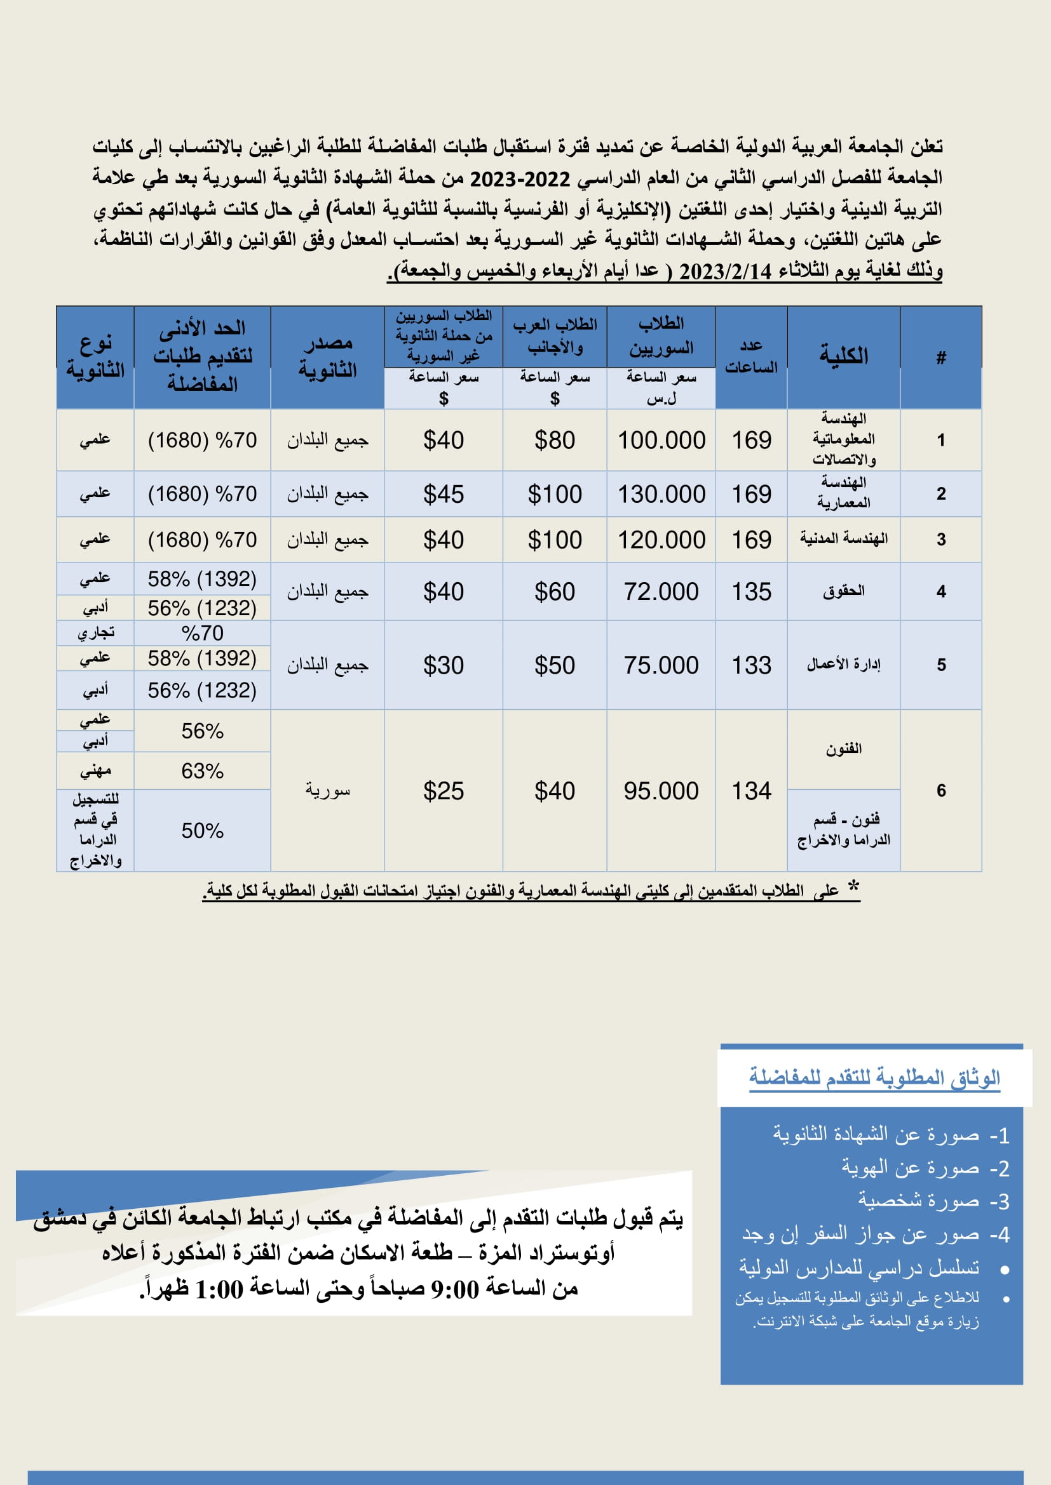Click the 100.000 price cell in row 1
661,441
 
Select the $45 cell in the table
444,494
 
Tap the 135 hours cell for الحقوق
750,592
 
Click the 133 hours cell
750,665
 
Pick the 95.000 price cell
661,791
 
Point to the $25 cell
444,791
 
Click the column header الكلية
843,356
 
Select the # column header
940,357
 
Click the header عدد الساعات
750,356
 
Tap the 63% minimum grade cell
202,771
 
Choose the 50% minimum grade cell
202,830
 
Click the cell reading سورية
327,791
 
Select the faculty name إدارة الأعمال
843,665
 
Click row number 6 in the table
940,790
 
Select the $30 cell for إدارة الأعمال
444,665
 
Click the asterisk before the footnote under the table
853,888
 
